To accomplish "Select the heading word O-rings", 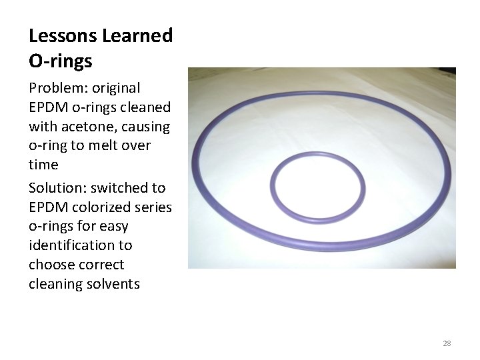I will tap(61, 61).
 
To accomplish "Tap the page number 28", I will tap(447, 343).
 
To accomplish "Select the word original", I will tap(116, 88).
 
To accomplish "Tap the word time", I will tap(43, 165).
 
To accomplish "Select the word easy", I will tap(113, 227).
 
